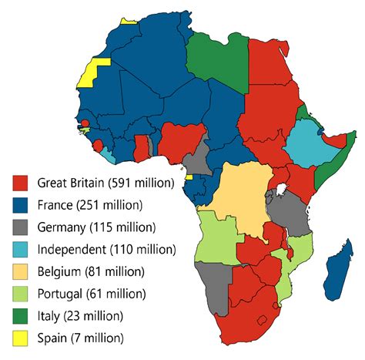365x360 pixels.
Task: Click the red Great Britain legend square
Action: tap(21, 183)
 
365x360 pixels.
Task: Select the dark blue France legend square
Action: tap(21, 206)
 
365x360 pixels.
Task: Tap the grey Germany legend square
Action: tap(21, 228)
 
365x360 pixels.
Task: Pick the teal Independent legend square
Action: tap(21, 250)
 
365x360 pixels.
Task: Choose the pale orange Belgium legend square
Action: tap(21, 272)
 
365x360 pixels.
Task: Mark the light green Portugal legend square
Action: tap(21, 294)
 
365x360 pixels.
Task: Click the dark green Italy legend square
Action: tap(21, 316)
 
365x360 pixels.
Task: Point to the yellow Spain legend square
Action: tap(21, 338)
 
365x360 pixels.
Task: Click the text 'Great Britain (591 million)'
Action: tap(99, 183)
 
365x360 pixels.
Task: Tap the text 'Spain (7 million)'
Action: tap(80, 338)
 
